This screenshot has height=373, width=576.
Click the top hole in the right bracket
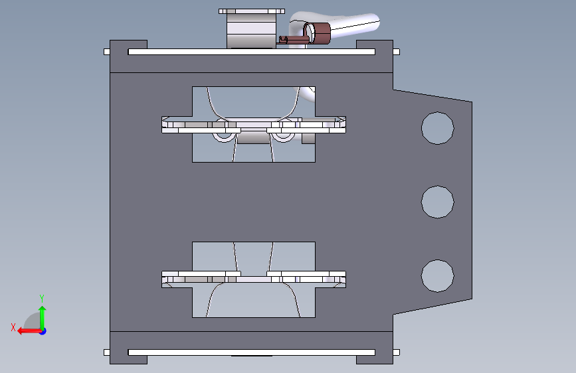pyautogui.click(x=437, y=127)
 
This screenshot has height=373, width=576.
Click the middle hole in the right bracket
pyautogui.click(x=437, y=201)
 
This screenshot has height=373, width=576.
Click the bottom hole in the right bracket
pyautogui.click(x=437, y=275)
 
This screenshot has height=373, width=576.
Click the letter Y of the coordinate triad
pyautogui.click(x=42, y=298)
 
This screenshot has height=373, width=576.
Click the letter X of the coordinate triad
pyautogui.click(x=13, y=327)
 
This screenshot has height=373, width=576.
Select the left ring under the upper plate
pyautogui.click(x=223, y=136)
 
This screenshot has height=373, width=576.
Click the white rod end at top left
pyautogui.click(x=106, y=52)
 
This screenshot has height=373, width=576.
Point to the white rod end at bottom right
pyautogui.click(x=396, y=352)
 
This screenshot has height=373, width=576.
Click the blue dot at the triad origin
pyautogui.click(x=43, y=331)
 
